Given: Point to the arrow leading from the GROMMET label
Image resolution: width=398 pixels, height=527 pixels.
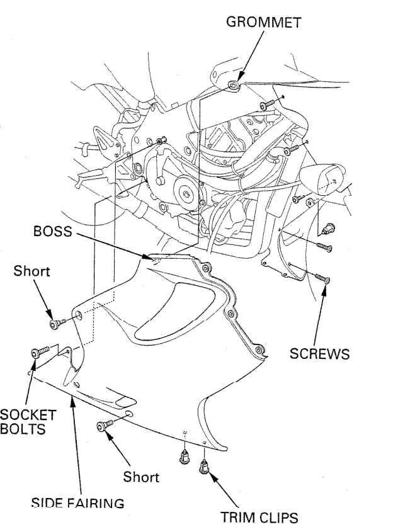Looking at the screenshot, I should pyautogui.click(x=248, y=56).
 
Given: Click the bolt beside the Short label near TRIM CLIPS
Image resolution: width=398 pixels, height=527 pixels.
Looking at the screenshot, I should pyautogui.click(x=103, y=427).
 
